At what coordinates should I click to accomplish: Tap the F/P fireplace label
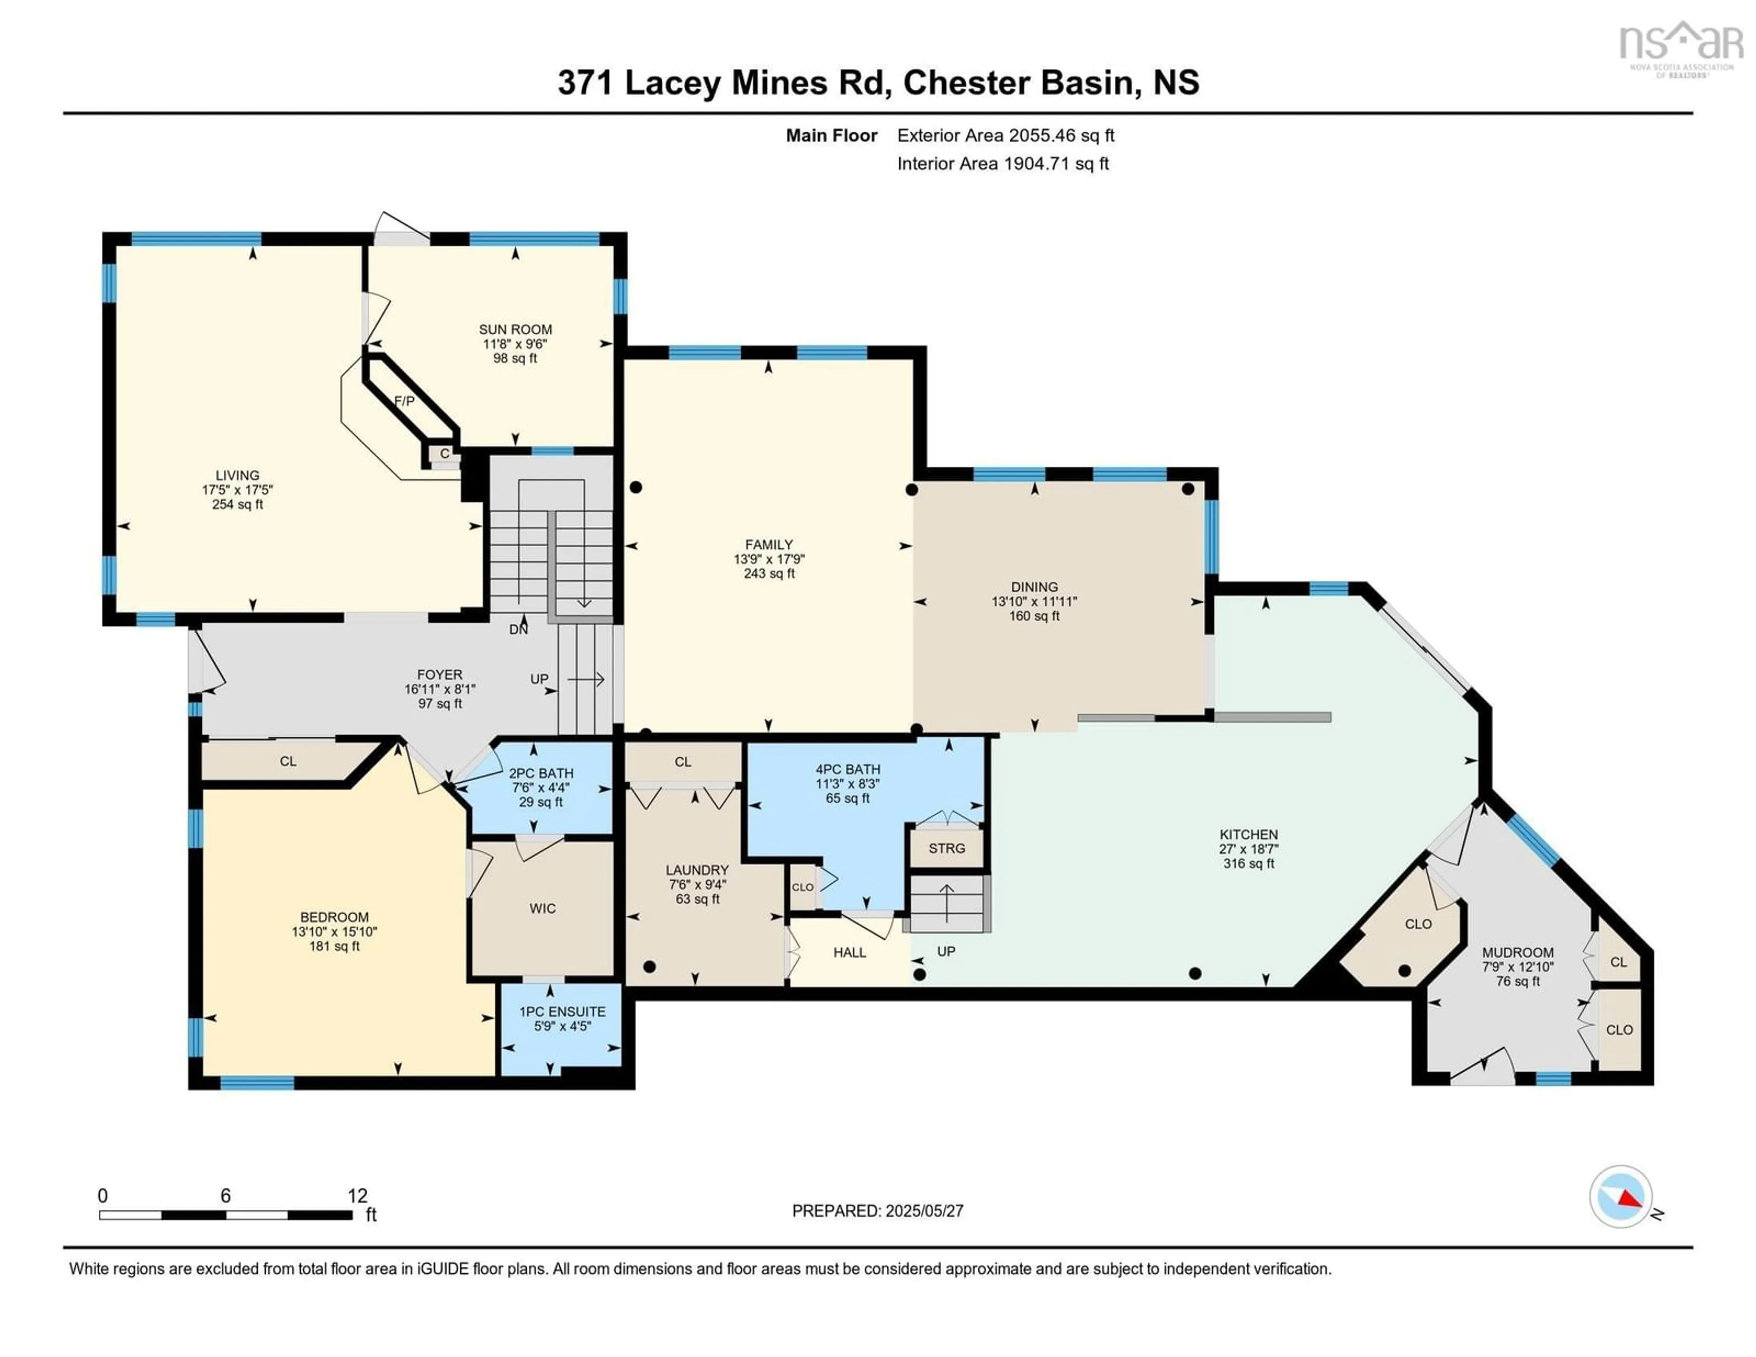404,401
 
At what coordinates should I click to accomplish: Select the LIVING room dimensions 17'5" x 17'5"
237,490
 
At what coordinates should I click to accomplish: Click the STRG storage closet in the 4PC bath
946,848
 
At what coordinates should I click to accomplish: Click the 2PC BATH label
541,773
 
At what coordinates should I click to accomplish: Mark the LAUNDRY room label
696,870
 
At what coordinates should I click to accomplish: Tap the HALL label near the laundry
849,953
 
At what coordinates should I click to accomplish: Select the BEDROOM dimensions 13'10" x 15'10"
334,932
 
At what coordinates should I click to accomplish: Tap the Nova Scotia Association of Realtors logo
1681,48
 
